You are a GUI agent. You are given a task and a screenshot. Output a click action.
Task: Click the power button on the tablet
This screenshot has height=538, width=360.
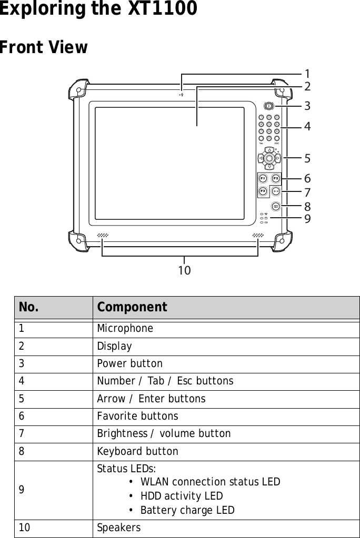pyautogui.click(x=268, y=106)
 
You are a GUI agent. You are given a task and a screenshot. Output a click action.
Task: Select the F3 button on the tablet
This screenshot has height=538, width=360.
pyautogui.click(x=262, y=190)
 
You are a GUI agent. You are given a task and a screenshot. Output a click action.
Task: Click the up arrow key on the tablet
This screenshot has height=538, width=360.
pyautogui.click(x=269, y=148)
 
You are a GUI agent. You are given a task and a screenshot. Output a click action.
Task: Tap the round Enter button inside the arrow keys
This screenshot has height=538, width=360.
pyautogui.click(x=269, y=158)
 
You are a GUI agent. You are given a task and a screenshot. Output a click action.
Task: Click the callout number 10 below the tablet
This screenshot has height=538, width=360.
pyautogui.click(x=184, y=270)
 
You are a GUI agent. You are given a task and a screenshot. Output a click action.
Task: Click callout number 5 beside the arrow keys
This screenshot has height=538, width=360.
pyautogui.click(x=307, y=158)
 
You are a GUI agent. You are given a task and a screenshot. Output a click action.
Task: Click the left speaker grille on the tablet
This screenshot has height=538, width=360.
pyautogui.click(x=103, y=235)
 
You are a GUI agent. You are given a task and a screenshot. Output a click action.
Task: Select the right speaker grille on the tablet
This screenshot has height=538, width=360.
pyautogui.click(x=257, y=235)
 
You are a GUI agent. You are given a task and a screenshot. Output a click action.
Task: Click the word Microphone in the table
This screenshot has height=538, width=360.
pyautogui.click(x=125, y=328)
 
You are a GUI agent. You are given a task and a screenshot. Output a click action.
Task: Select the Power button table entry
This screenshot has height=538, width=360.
pyautogui.click(x=130, y=363)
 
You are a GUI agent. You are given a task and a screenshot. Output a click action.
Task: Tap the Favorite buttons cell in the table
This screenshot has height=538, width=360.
pyautogui.click(x=137, y=416)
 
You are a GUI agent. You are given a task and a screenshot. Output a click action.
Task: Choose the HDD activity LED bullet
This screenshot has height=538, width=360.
pyautogui.click(x=182, y=496)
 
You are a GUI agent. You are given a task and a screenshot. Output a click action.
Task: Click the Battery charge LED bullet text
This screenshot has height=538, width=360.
pyautogui.click(x=187, y=510)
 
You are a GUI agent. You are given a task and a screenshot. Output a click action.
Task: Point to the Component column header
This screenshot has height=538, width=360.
pyautogui.click(x=132, y=307)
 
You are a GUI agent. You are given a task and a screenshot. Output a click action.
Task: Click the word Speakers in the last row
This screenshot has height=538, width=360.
pyautogui.click(x=119, y=527)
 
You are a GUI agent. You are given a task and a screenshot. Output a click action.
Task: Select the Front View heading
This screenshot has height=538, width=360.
pyautogui.click(x=44, y=47)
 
